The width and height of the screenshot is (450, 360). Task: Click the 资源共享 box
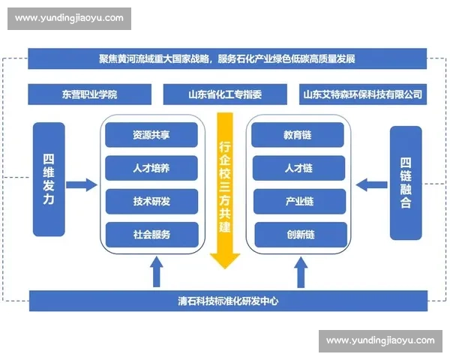click(x=151, y=136)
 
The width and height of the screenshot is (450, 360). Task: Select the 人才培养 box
click(x=151, y=169)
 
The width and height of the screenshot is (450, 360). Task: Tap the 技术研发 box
click(x=151, y=202)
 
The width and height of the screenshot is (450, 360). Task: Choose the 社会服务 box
click(x=151, y=235)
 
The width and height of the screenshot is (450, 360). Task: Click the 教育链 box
click(x=298, y=136)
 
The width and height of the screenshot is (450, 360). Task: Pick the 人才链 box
click(x=298, y=169)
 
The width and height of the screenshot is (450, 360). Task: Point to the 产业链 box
click(x=298, y=202)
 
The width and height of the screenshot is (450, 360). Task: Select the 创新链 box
click(x=298, y=235)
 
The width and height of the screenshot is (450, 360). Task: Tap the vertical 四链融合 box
click(x=406, y=182)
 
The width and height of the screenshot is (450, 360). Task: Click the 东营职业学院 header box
click(x=90, y=95)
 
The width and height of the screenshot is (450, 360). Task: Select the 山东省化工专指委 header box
click(x=226, y=95)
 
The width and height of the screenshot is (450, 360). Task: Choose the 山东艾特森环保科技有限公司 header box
click(x=362, y=95)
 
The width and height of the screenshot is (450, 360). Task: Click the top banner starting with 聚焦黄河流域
click(x=226, y=58)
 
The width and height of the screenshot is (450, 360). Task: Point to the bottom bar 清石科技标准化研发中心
click(x=226, y=301)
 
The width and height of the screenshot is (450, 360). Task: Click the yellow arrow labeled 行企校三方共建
click(x=225, y=187)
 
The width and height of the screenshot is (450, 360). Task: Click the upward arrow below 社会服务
click(x=157, y=271)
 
